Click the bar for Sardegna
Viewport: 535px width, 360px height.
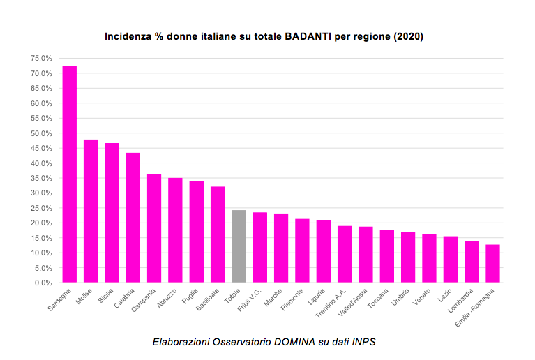coord(69,174)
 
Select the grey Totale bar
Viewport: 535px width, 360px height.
coord(239,246)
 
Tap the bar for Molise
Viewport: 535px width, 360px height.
coord(91,211)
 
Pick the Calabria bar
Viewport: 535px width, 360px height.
coord(133,218)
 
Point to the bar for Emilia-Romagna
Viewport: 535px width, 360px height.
coord(492,264)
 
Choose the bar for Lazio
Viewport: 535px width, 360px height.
coord(450,260)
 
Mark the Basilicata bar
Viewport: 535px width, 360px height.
coord(218,234)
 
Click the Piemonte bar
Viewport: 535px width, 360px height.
coord(302,250)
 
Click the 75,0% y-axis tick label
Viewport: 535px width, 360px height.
coord(41,59)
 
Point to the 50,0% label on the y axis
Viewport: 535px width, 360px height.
coord(41,133)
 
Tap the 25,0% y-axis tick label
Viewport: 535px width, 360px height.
coord(41,208)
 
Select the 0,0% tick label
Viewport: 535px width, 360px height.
coord(43,283)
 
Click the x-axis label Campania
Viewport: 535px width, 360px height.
coord(143,300)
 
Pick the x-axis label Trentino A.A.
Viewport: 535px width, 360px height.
coord(331,303)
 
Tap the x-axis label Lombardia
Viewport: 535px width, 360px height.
coord(460,301)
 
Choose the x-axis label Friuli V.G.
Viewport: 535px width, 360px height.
coord(250,300)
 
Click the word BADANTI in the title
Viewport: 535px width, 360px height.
coord(308,36)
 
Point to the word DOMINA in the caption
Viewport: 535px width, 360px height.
coord(294,342)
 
